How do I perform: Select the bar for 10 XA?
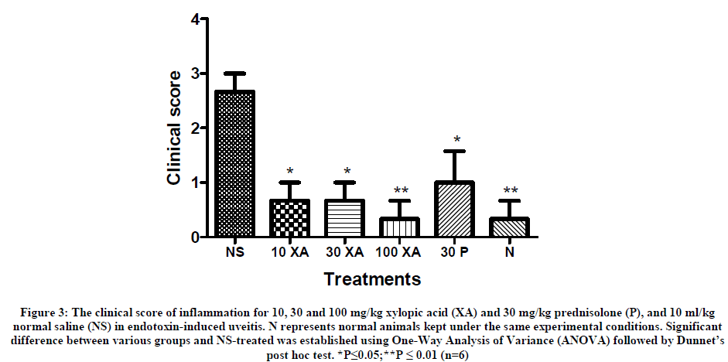(289, 219)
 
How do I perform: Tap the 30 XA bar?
(344, 219)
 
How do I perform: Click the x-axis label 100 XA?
(399, 252)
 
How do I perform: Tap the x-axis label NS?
(234, 252)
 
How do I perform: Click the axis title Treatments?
(372, 278)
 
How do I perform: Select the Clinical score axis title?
(176, 128)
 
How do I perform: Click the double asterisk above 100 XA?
(399, 190)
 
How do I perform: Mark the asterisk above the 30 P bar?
(456, 140)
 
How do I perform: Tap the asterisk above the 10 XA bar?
(289, 171)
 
